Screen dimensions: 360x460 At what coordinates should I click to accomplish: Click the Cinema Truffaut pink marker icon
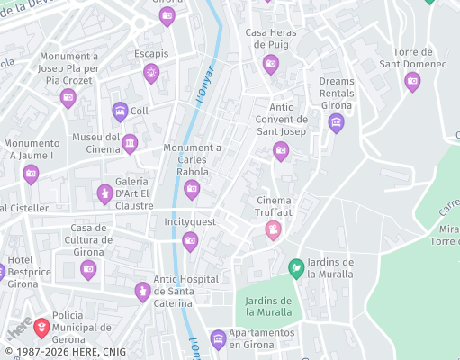[x=273, y=231]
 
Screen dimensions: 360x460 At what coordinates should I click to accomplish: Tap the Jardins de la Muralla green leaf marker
[x=295, y=267]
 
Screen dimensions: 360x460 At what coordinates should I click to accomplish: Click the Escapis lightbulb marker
[x=151, y=73]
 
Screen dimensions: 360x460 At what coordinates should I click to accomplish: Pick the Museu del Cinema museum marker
[x=130, y=143]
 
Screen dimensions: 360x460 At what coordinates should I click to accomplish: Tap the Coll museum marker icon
[x=120, y=112]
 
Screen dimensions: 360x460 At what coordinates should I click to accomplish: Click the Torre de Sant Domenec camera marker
[x=412, y=81]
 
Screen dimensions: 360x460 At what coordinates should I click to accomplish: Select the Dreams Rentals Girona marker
[x=336, y=122]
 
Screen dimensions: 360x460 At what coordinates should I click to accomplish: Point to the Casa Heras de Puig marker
[x=270, y=63]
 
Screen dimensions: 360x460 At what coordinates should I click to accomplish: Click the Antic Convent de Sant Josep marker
[x=281, y=150]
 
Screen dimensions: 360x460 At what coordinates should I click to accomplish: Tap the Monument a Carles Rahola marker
[x=192, y=188]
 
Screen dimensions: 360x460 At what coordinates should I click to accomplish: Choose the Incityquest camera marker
[x=190, y=240]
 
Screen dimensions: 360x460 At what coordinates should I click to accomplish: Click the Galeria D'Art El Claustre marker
[x=105, y=193]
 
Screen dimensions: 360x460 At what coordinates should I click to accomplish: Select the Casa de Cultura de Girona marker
[x=88, y=269]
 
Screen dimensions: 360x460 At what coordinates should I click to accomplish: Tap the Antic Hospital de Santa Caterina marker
[x=141, y=291]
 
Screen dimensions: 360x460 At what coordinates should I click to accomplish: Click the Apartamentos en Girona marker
[x=217, y=339]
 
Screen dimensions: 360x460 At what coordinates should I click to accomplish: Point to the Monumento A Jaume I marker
[x=31, y=173]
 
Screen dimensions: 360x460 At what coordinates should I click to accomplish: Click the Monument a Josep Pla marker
[x=68, y=97]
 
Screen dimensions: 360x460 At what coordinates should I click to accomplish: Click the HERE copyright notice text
[x=65, y=352]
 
